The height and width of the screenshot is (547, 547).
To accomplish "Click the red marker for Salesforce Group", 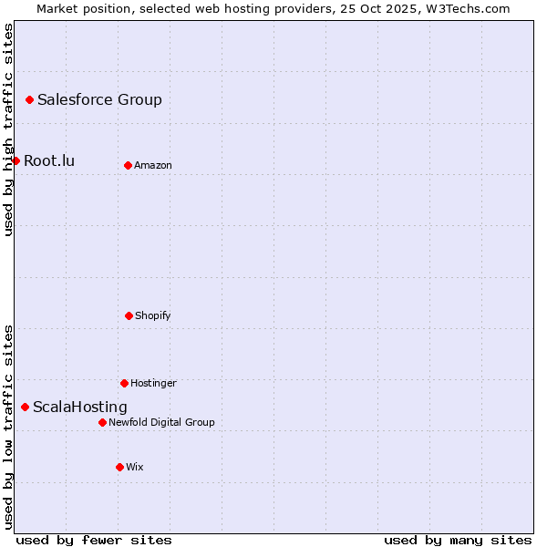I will click(29, 99).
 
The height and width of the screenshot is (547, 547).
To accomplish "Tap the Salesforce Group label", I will click(99, 100).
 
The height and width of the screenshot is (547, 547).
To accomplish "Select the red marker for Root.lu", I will click(15, 160).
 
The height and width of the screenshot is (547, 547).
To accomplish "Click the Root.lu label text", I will click(49, 161).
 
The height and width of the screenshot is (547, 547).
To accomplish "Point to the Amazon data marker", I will click(128, 165).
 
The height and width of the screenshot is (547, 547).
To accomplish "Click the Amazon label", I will click(153, 165).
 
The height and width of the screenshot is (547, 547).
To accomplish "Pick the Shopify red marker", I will click(129, 315).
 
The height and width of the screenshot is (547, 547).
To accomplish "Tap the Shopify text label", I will click(153, 316).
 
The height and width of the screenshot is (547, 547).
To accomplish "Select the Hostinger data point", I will click(124, 383).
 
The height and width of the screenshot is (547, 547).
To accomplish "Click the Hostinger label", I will click(153, 384).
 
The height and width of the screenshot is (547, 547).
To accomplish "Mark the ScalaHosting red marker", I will click(25, 407).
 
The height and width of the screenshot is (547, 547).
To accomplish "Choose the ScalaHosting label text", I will click(80, 408).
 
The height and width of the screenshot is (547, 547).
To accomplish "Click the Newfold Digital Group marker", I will click(102, 422).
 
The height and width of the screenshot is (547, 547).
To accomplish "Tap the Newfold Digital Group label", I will click(161, 423).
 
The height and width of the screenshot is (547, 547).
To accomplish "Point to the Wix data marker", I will click(119, 467).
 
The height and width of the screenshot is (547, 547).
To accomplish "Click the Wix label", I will click(135, 468).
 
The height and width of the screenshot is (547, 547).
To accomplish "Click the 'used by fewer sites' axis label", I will click(94, 540).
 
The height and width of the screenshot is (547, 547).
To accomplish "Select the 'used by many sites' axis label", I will click(458, 540).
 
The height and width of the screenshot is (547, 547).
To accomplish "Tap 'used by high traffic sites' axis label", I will click(9, 129).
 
